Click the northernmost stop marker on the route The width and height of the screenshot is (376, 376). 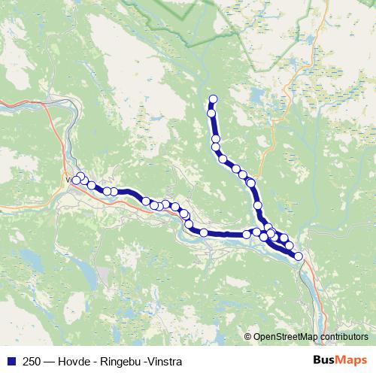point(213,99)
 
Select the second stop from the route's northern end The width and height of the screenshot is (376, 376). point(211,114)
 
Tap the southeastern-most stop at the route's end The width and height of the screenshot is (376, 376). point(299,256)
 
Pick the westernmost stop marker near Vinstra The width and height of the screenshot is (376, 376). point(76,180)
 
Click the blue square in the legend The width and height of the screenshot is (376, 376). point(11,361)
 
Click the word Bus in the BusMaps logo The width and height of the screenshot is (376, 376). point(325,361)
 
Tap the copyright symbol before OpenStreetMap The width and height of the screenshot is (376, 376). point(248,336)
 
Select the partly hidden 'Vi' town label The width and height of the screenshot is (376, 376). point(69,180)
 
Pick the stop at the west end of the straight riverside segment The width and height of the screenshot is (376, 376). point(203,232)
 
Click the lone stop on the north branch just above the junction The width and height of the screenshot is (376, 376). point(258,205)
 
